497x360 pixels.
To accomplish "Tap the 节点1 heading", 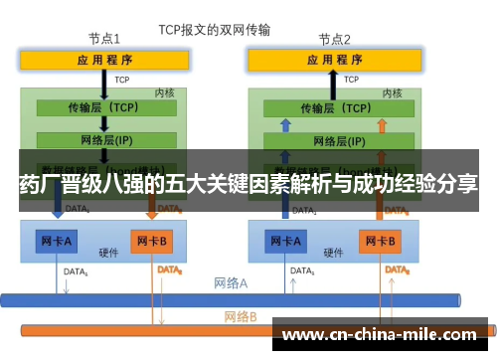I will point(104,40).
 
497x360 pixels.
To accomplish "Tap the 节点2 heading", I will point(334,40).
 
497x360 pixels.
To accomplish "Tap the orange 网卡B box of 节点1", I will point(153,241).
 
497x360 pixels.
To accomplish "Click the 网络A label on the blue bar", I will point(231,283).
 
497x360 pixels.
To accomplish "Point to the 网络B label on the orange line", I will point(240,317).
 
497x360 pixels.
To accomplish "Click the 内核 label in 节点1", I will point(165,91).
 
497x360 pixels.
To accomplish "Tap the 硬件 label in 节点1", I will point(108,253).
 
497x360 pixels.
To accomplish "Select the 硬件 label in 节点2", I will point(334,253).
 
